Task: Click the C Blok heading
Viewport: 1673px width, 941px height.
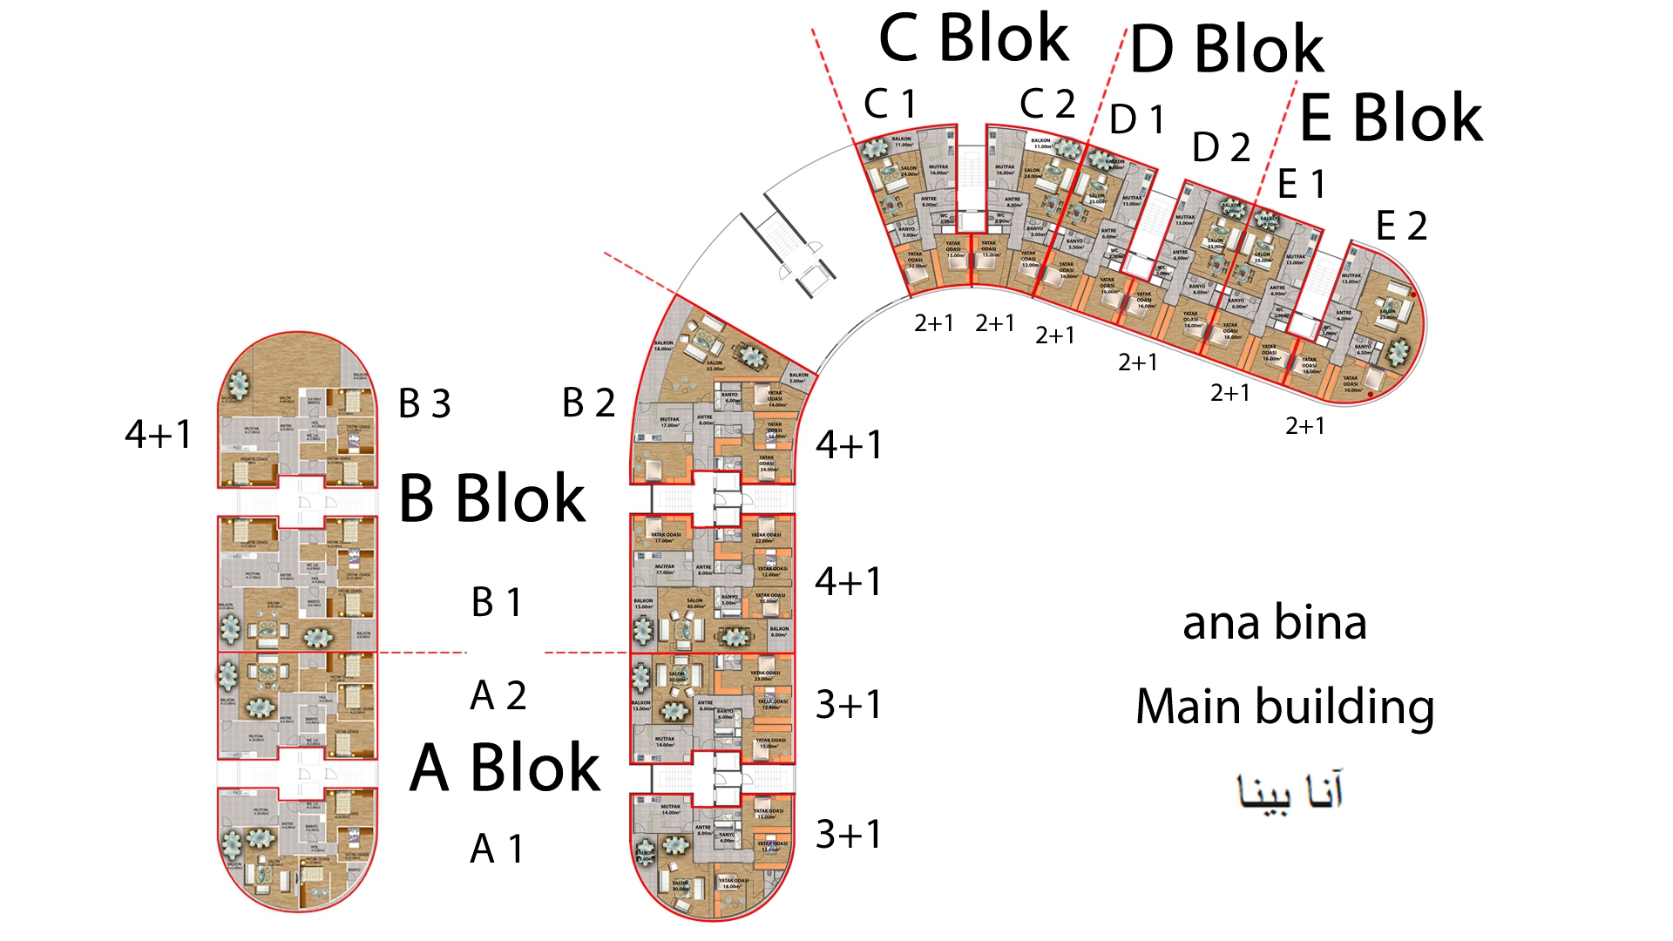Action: tap(973, 40)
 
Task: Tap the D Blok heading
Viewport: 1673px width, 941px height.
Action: tap(1227, 50)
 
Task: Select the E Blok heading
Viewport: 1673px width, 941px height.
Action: tap(1391, 118)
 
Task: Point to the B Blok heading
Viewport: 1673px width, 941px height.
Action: tap(492, 499)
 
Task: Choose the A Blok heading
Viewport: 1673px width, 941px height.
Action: tap(505, 768)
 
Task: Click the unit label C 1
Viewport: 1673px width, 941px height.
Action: tap(890, 105)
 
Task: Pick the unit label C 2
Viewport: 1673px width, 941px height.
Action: tap(1047, 105)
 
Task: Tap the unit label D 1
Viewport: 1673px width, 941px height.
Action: tap(1137, 120)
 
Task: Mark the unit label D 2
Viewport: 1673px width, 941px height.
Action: tap(1221, 148)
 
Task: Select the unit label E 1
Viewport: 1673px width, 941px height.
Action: tap(1302, 185)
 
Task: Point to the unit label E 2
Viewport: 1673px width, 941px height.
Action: tap(1401, 227)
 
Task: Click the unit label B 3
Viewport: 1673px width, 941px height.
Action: tap(424, 404)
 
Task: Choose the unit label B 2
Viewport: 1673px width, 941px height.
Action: tap(588, 403)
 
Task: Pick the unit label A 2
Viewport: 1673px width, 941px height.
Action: tap(498, 696)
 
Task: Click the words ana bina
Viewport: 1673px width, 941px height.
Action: tap(1274, 624)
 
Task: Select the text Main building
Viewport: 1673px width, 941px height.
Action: tap(1284, 707)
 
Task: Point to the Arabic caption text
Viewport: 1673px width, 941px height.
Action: tap(1290, 791)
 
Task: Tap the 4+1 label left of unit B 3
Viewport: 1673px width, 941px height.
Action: tap(158, 435)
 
